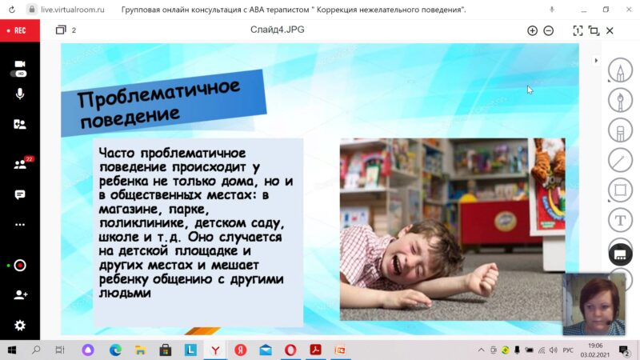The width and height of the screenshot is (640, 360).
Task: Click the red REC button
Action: (x=19, y=30)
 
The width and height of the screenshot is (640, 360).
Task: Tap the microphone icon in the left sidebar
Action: (x=19, y=94)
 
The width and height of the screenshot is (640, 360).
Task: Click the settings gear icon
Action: (x=19, y=326)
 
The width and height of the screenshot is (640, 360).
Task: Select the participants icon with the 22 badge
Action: (x=22, y=163)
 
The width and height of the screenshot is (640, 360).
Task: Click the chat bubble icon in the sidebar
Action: (x=19, y=194)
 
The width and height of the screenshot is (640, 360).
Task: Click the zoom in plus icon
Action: (x=532, y=30)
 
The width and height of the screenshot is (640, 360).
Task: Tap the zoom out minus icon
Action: (x=549, y=30)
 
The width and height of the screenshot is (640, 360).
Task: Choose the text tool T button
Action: (x=620, y=221)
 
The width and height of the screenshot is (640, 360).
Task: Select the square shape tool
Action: (x=620, y=190)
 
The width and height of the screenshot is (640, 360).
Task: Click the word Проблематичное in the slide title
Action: (x=158, y=94)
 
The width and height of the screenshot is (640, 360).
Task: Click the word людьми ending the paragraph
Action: (x=125, y=293)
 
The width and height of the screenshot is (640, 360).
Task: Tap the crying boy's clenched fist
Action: (x=484, y=278)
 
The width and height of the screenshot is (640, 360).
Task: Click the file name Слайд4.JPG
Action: (x=277, y=30)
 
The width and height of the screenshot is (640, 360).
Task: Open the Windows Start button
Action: (x=12, y=350)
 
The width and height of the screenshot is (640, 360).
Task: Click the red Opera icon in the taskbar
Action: (x=290, y=350)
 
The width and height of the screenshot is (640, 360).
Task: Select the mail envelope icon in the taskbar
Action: (x=266, y=350)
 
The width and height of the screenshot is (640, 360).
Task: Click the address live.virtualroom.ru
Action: (x=73, y=10)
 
